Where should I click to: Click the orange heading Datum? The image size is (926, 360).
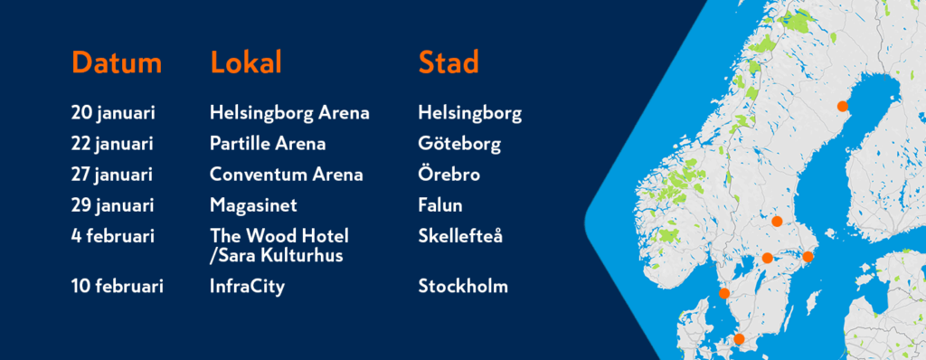pos(117,62)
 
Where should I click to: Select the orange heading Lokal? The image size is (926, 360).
pos(246,62)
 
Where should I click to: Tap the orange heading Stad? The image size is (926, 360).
pos(449,62)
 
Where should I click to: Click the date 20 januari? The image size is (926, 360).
pos(113,113)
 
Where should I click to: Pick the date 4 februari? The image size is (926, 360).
pos(113,236)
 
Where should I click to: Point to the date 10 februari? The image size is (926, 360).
pos(117,287)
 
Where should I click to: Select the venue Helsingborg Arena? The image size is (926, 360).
pos(289,113)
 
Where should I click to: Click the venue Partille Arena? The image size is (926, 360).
pos(268,144)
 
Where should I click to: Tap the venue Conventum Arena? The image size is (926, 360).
pos(287,175)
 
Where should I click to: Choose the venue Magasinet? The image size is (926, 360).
pos(253,205)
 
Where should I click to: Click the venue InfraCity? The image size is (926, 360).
pos(247,287)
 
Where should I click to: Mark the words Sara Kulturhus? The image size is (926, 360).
pos(279,256)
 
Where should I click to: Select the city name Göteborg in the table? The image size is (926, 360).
pos(459,144)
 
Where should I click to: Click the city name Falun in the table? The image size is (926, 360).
pos(440,205)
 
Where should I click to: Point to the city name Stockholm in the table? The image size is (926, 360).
pos(463,287)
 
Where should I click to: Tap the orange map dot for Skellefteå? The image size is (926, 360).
pos(843,107)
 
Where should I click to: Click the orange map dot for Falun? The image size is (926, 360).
pos(777,221)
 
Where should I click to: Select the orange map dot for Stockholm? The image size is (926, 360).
pos(808,257)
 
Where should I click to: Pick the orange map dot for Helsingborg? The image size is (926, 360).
pos(738,339)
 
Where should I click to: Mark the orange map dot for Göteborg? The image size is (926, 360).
pos(724,293)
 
